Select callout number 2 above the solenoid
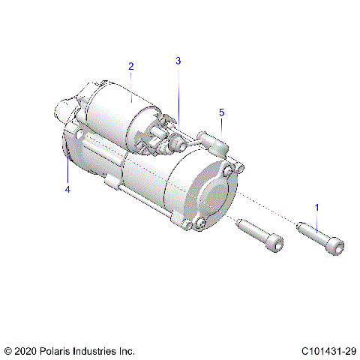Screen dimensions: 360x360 pyautogui.click(x=130, y=67)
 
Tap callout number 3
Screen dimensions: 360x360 pyautogui.click(x=178, y=61)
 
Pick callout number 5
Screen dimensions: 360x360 pyautogui.click(x=221, y=112)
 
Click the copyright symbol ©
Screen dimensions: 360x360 pyautogui.click(x=8, y=350)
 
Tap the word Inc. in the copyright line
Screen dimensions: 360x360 pyautogui.click(x=127, y=350)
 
